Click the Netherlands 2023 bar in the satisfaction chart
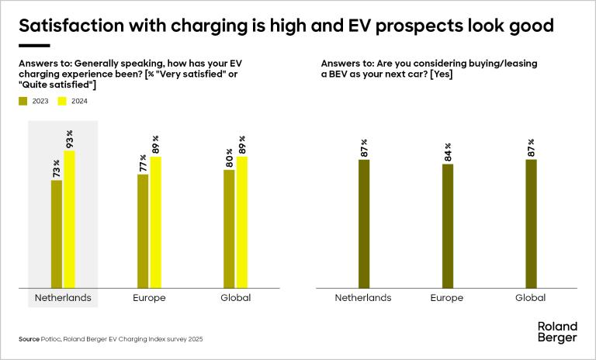click(57, 234)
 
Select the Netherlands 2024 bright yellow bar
click(69, 220)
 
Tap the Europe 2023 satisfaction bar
click(143, 231)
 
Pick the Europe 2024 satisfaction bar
click(155, 223)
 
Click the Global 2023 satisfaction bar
click(229, 229)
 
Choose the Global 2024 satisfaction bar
click(241, 223)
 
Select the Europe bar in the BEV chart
click(448, 226)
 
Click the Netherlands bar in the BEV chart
click(364, 224)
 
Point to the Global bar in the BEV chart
click(531, 224)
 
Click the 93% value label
click(69, 140)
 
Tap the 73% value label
click(57, 169)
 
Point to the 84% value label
click(448, 153)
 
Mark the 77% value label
click(143, 163)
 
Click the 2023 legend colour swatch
click(23, 101)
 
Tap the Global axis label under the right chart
click(531, 298)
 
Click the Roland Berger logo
click(557, 332)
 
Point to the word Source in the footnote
click(29, 340)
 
